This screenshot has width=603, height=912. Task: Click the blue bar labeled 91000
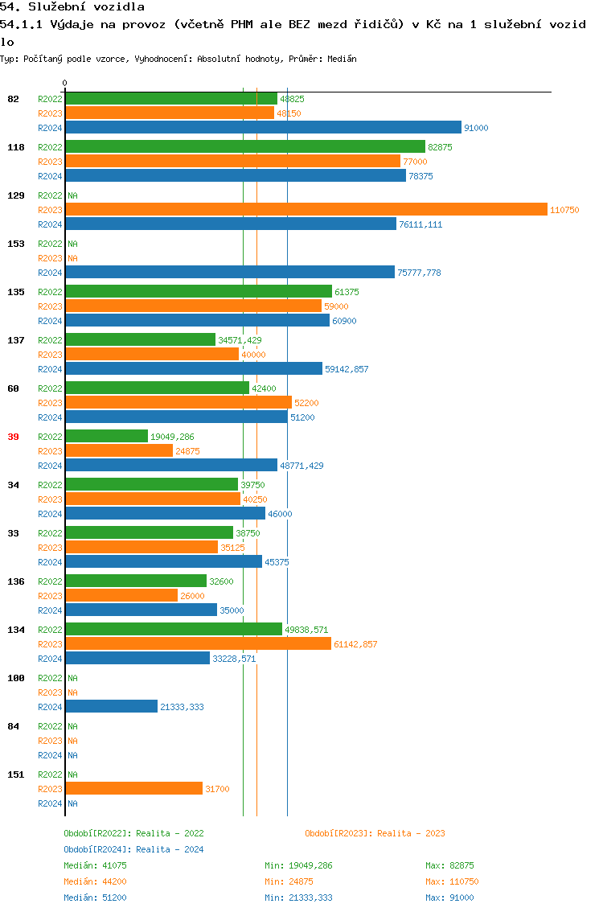[x=264, y=127]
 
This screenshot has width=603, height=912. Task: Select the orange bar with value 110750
[x=306, y=209]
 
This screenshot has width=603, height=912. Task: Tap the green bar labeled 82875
[x=245, y=146]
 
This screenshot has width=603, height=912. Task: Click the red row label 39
[x=13, y=437]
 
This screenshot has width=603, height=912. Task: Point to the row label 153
[x=16, y=244]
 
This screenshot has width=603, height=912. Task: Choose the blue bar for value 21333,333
[x=112, y=706]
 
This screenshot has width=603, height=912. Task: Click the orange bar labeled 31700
[x=134, y=788]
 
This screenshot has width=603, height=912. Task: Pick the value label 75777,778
[x=419, y=273]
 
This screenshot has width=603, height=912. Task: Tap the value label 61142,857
[x=355, y=644]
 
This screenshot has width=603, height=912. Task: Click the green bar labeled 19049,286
[x=107, y=436]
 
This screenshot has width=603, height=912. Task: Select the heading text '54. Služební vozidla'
[x=72, y=7]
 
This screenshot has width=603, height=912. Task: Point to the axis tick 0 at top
[x=65, y=83]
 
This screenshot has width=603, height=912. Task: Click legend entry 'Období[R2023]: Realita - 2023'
[x=375, y=833]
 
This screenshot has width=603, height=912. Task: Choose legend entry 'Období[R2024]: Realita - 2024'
[x=133, y=849]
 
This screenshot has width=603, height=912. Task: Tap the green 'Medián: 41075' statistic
[x=95, y=865]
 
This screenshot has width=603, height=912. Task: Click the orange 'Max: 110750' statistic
[x=452, y=881]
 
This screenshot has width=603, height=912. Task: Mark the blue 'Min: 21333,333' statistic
[x=298, y=898]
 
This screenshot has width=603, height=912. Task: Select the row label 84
[x=13, y=726]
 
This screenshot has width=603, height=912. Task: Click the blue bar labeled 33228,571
[x=137, y=658]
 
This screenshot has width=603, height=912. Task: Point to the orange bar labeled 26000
[x=121, y=595]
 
